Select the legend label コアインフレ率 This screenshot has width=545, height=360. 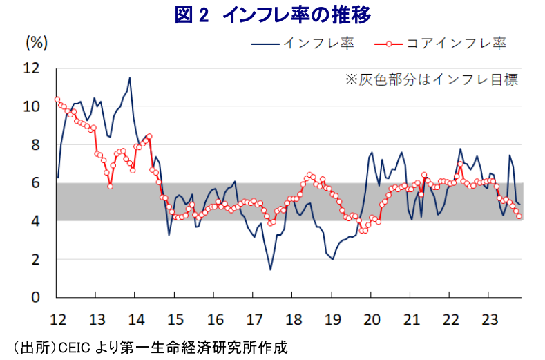click(x=456, y=44)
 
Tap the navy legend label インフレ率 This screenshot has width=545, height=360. click(x=318, y=44)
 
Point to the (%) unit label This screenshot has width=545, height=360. click(x=37, y=42)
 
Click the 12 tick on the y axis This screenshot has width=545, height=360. click(x=32, y=68)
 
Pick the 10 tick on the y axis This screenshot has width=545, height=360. click(x=32, y=107)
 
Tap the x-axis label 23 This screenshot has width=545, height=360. click(x=489, y=319)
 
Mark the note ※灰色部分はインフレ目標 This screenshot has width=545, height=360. click(x=431, y=79)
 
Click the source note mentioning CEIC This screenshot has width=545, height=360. click(x=145, y=346)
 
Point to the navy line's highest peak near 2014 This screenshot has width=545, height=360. click(x=129, y=77)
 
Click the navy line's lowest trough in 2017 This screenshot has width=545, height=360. click(x=270, y=269)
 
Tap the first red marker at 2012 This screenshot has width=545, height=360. click(x=57, y=99)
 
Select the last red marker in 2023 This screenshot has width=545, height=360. click(x=519, y=216)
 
